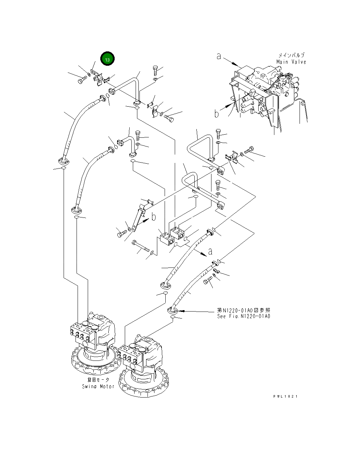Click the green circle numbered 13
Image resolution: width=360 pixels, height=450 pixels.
pyautogui.click(x=107, y=58)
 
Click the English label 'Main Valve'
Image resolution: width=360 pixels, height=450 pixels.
pyautogui.click(x=291, y=62)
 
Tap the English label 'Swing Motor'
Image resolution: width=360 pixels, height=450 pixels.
pyautogui.click(x=98, y=386)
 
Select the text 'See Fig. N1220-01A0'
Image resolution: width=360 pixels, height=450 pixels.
pyautogui.click(x=244, y=316)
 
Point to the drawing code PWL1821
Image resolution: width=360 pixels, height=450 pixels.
pyautogui.click(x=285, y=396)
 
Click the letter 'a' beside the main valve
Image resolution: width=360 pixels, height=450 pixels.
pyautogui.click(x=219, y=56)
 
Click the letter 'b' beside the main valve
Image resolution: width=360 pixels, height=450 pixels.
pyautogui.click(x=217, y=114)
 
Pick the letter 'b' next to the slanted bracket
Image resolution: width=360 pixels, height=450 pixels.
pyautogui.click(x=154, y=217)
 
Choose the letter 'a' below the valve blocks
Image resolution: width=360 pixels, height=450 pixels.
pyautogui.click(x=210, y=251)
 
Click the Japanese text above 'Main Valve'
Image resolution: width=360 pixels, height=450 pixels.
pyautogui.click(x=291, y=55)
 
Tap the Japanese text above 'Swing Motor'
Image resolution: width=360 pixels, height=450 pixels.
pyautogui.click(x=98, y=379)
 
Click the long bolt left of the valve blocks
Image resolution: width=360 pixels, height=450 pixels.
pyautogui.click(x=141, y=246)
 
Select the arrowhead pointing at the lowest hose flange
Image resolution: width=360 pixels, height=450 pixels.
pyautogui.click(x=181, y=311)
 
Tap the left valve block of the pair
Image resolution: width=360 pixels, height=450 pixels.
pyautogui.click(x=167, y=238)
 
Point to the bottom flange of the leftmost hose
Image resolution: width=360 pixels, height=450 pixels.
pyautogui.click(x=64, y=161)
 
